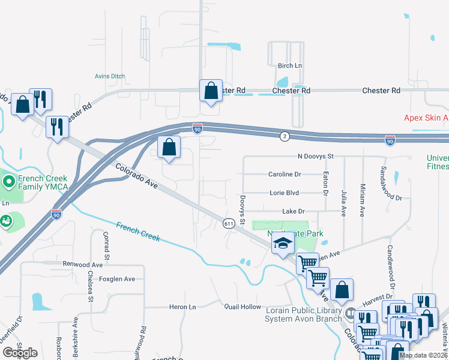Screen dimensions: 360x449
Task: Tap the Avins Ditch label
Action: [x=110, y=76]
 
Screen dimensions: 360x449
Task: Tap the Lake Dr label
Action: [x=294, y=211]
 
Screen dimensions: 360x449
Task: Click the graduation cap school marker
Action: [x=283, y=243]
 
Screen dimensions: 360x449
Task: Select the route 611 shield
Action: [x=229, y=223]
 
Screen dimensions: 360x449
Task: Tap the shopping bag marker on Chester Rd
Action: [x=211, y=91]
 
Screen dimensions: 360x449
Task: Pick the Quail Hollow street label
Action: [x=243, y=307]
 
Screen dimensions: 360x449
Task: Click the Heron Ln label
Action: [x=183, y=307]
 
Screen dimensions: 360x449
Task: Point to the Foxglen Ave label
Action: [x=117, y=279]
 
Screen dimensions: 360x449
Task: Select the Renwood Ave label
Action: [x=83, y=264]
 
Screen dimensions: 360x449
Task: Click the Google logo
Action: [x=20, y=353]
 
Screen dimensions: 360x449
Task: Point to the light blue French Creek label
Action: [x=138, y=232]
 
